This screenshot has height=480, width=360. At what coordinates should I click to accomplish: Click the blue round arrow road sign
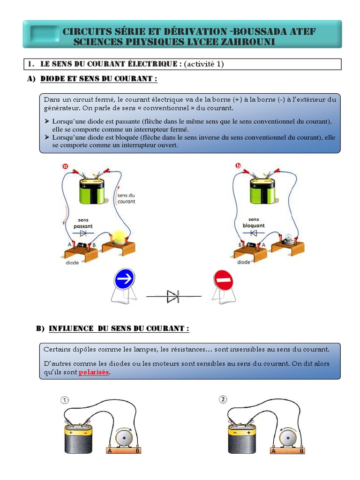(124, 279)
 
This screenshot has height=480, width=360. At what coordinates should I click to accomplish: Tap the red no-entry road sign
(223, 280)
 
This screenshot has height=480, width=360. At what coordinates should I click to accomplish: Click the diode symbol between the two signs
(173, 296)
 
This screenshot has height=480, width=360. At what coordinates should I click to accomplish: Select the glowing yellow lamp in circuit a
(117, 237)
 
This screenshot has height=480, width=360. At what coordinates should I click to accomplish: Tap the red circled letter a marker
(65, 165)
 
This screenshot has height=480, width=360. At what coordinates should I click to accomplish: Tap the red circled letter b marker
(238, 165)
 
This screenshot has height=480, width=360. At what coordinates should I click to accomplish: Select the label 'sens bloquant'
(254, 223)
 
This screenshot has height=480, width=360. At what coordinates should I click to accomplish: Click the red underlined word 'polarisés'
(94, 372)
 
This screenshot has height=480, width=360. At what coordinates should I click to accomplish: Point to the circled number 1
(64, 400)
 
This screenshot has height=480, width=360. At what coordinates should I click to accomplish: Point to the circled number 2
(223, 399)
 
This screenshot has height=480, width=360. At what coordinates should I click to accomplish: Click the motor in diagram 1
(124, 438)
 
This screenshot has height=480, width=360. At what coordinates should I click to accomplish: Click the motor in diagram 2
(287, 438)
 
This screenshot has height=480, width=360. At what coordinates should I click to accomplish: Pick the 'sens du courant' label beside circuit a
(126, 198)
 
